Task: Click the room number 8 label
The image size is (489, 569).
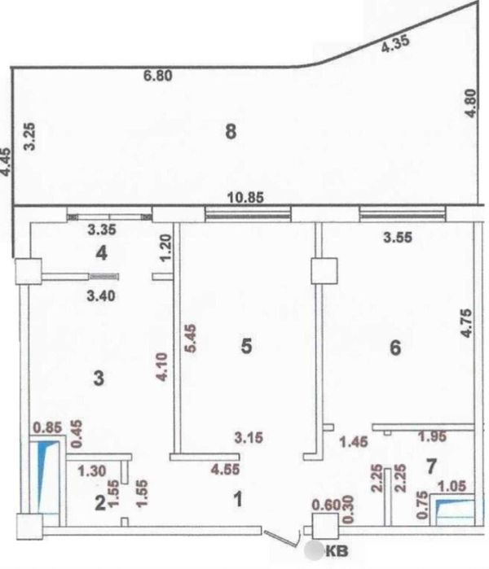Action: coord(231,131)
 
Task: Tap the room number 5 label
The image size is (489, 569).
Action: coord(246,346)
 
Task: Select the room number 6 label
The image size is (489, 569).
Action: coord(395,348)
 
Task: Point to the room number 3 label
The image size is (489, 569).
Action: coord(99,379)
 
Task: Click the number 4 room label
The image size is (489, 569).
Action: coord(101,253)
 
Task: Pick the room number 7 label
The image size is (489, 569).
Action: coord(431,466)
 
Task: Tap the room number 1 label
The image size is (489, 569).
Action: coord(238,499)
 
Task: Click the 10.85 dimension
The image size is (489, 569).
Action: coord(245,198)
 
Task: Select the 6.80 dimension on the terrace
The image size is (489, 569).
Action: coord(157,77)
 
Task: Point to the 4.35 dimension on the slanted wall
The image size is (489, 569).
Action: coord(395,43)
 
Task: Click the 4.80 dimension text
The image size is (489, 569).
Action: coord(470,103)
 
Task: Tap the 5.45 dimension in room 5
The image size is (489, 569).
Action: coord(191,338)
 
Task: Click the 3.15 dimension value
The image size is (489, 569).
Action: coord(249,437)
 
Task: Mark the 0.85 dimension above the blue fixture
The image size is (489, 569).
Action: coord(47,427)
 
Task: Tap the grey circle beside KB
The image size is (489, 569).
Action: coord(314,550)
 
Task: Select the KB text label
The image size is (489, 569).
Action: coord(337,551)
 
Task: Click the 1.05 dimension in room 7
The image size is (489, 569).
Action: coord(452,486)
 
